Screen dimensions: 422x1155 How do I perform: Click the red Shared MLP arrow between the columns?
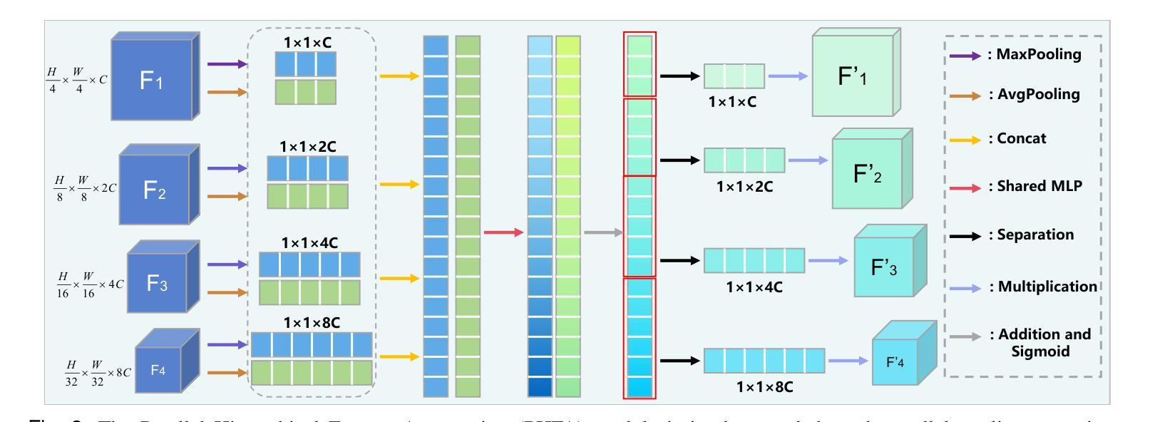click(x=503, y=232)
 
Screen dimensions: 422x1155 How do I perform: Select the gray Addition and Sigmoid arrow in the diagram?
click(x=602, y=232)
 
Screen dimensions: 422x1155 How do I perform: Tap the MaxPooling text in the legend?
click(x=1034, y=55)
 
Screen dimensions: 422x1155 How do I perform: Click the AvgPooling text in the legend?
click(x=1034, y=94)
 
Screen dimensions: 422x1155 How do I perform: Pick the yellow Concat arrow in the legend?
click(x=966, y=138)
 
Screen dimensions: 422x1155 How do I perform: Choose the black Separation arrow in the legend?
click(x=966, y=235)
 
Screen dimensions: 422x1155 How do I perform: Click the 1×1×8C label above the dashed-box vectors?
click(x=312, y=322)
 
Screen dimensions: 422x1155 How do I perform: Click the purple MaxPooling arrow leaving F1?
click(x=227, y=64)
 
